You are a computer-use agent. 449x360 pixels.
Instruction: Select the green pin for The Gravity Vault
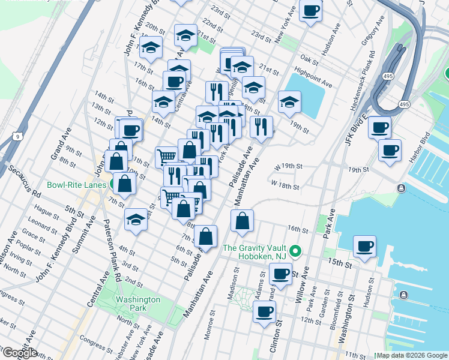point(295,250)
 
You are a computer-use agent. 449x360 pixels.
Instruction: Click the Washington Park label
point(138,304)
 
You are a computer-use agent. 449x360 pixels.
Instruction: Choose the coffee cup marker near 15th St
point(364,246)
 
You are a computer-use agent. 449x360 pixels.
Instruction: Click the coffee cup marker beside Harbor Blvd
point(390,149)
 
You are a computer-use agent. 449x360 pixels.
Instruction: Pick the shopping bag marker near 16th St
point(241,221)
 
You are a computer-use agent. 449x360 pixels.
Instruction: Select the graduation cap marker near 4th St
point(136,220)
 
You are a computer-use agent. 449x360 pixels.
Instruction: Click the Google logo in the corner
point(20,353)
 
